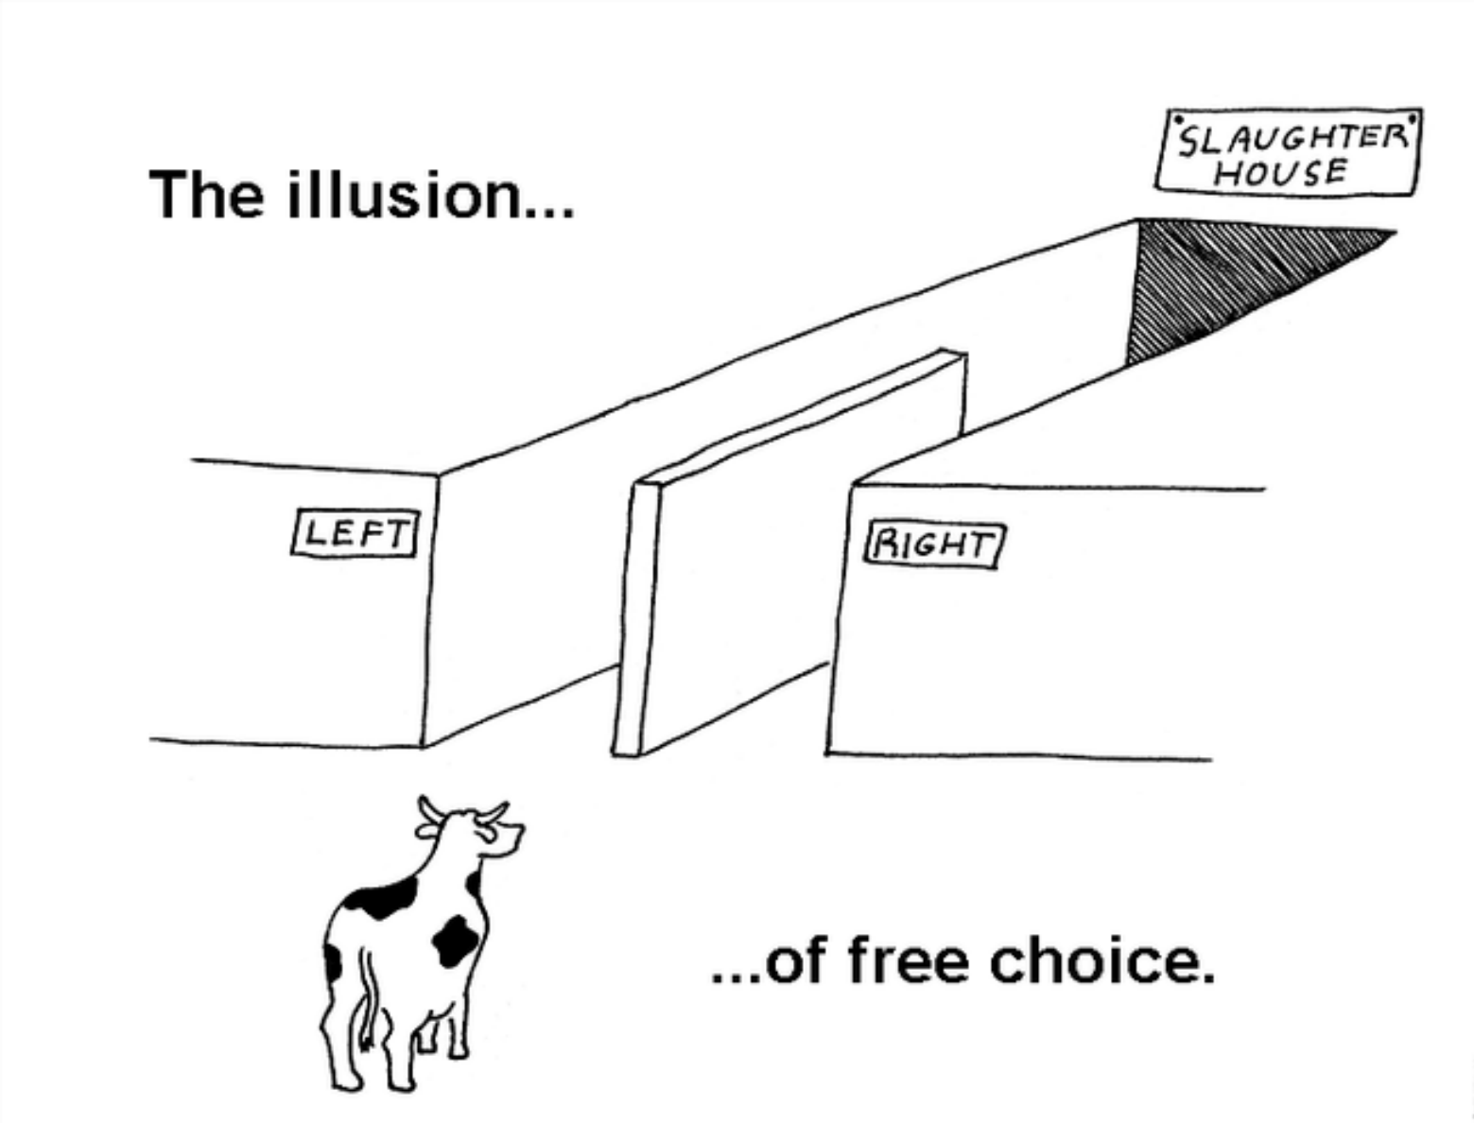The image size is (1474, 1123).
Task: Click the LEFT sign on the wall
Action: pos(355,533)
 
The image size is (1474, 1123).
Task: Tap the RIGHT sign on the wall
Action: pos(934,546)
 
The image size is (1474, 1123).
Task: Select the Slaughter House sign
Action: pos(1287,152)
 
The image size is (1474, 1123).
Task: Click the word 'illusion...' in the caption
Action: pos(430,194)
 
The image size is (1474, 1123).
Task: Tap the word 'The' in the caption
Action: pos(206,194)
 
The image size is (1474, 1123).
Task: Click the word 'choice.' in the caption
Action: pos(1102,962)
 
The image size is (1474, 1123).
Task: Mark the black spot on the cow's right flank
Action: pos(456,940)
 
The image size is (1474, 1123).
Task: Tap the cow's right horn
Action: pos(493,812)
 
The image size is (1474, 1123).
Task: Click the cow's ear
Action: pos(427,833)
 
